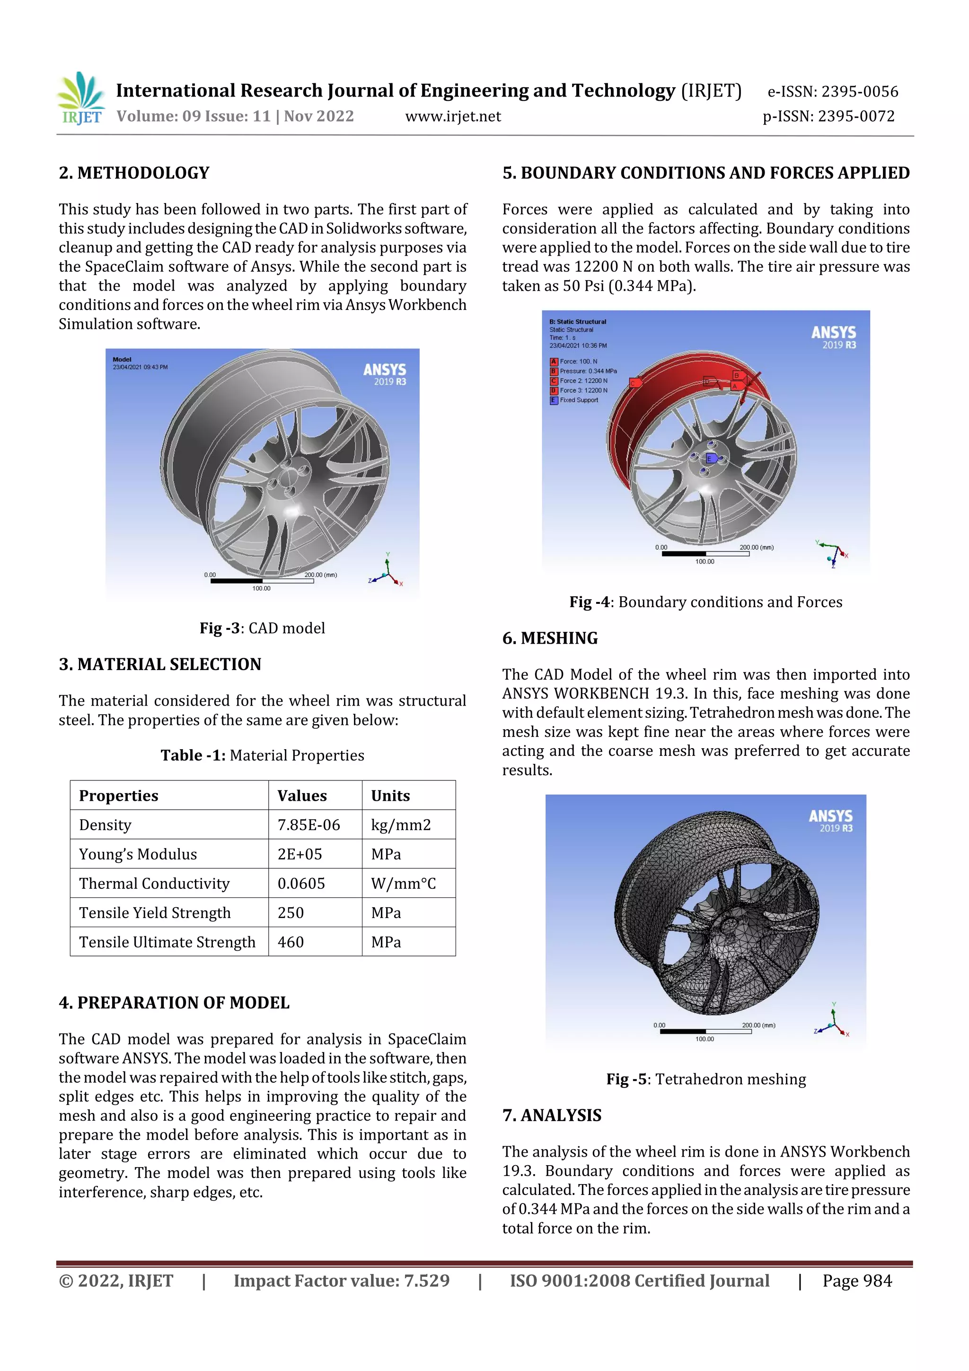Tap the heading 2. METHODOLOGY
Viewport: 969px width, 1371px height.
(x=134, y=173)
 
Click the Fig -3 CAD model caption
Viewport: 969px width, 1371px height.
(x=262, y=628)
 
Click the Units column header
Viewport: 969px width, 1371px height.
(x=390, y=796)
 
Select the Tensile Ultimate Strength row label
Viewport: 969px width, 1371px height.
(x=167, y=942)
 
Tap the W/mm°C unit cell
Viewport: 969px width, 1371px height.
(x=403, y=883)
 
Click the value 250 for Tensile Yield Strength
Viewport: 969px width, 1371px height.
(x=291, y=912)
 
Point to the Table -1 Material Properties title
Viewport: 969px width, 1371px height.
(x=262, y=755)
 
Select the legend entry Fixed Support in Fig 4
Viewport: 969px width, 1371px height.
(x=578, y=400)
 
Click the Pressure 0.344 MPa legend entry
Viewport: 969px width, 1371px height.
(x=588, y=371)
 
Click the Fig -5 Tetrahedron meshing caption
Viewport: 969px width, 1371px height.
(x=706, y=1079)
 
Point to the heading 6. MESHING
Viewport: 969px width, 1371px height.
(x=550, y=638)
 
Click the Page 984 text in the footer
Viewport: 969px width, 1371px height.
(x=857, y=1281)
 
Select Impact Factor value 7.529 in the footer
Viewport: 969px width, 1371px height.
(x=342, y=1281)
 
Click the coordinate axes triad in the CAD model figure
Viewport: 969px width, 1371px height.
(x=387, y=572)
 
